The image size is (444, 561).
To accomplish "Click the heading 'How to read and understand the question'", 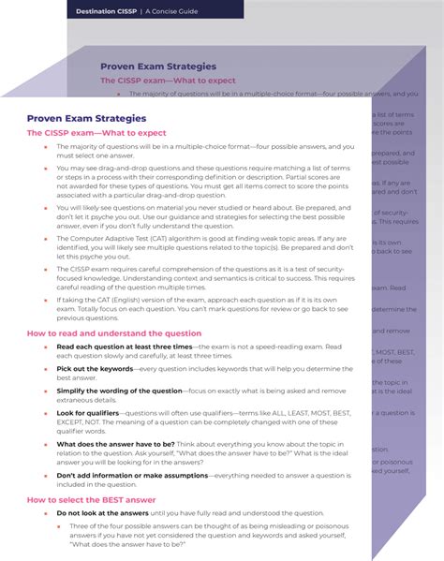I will (x=113, y=332).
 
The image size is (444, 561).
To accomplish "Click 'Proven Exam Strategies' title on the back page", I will (x=158, y=66).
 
